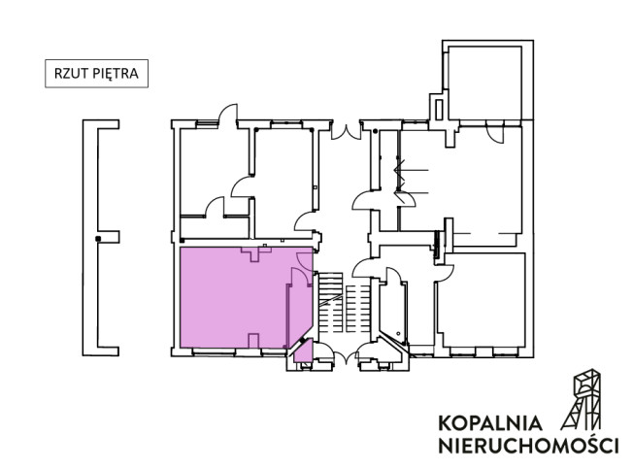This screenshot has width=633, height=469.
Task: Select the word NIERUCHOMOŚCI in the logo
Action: [528, 446]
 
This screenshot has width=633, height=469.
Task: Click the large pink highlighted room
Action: [233, 297]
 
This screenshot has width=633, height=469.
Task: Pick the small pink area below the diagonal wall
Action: [304, 352]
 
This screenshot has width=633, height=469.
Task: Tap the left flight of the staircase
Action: [331, 303]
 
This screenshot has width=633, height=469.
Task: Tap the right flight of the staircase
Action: [357, 309]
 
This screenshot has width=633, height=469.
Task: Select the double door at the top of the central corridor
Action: [346, 132]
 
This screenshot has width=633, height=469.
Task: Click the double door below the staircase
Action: [346, 357]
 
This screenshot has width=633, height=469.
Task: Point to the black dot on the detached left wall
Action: [98, 239]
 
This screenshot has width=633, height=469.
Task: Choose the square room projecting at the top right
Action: [484, 83]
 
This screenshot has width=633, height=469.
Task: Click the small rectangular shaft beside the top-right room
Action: [439, 110]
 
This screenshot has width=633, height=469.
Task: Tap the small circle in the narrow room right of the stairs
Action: [398, 333]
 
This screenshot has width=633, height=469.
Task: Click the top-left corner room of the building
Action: [214, 171]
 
